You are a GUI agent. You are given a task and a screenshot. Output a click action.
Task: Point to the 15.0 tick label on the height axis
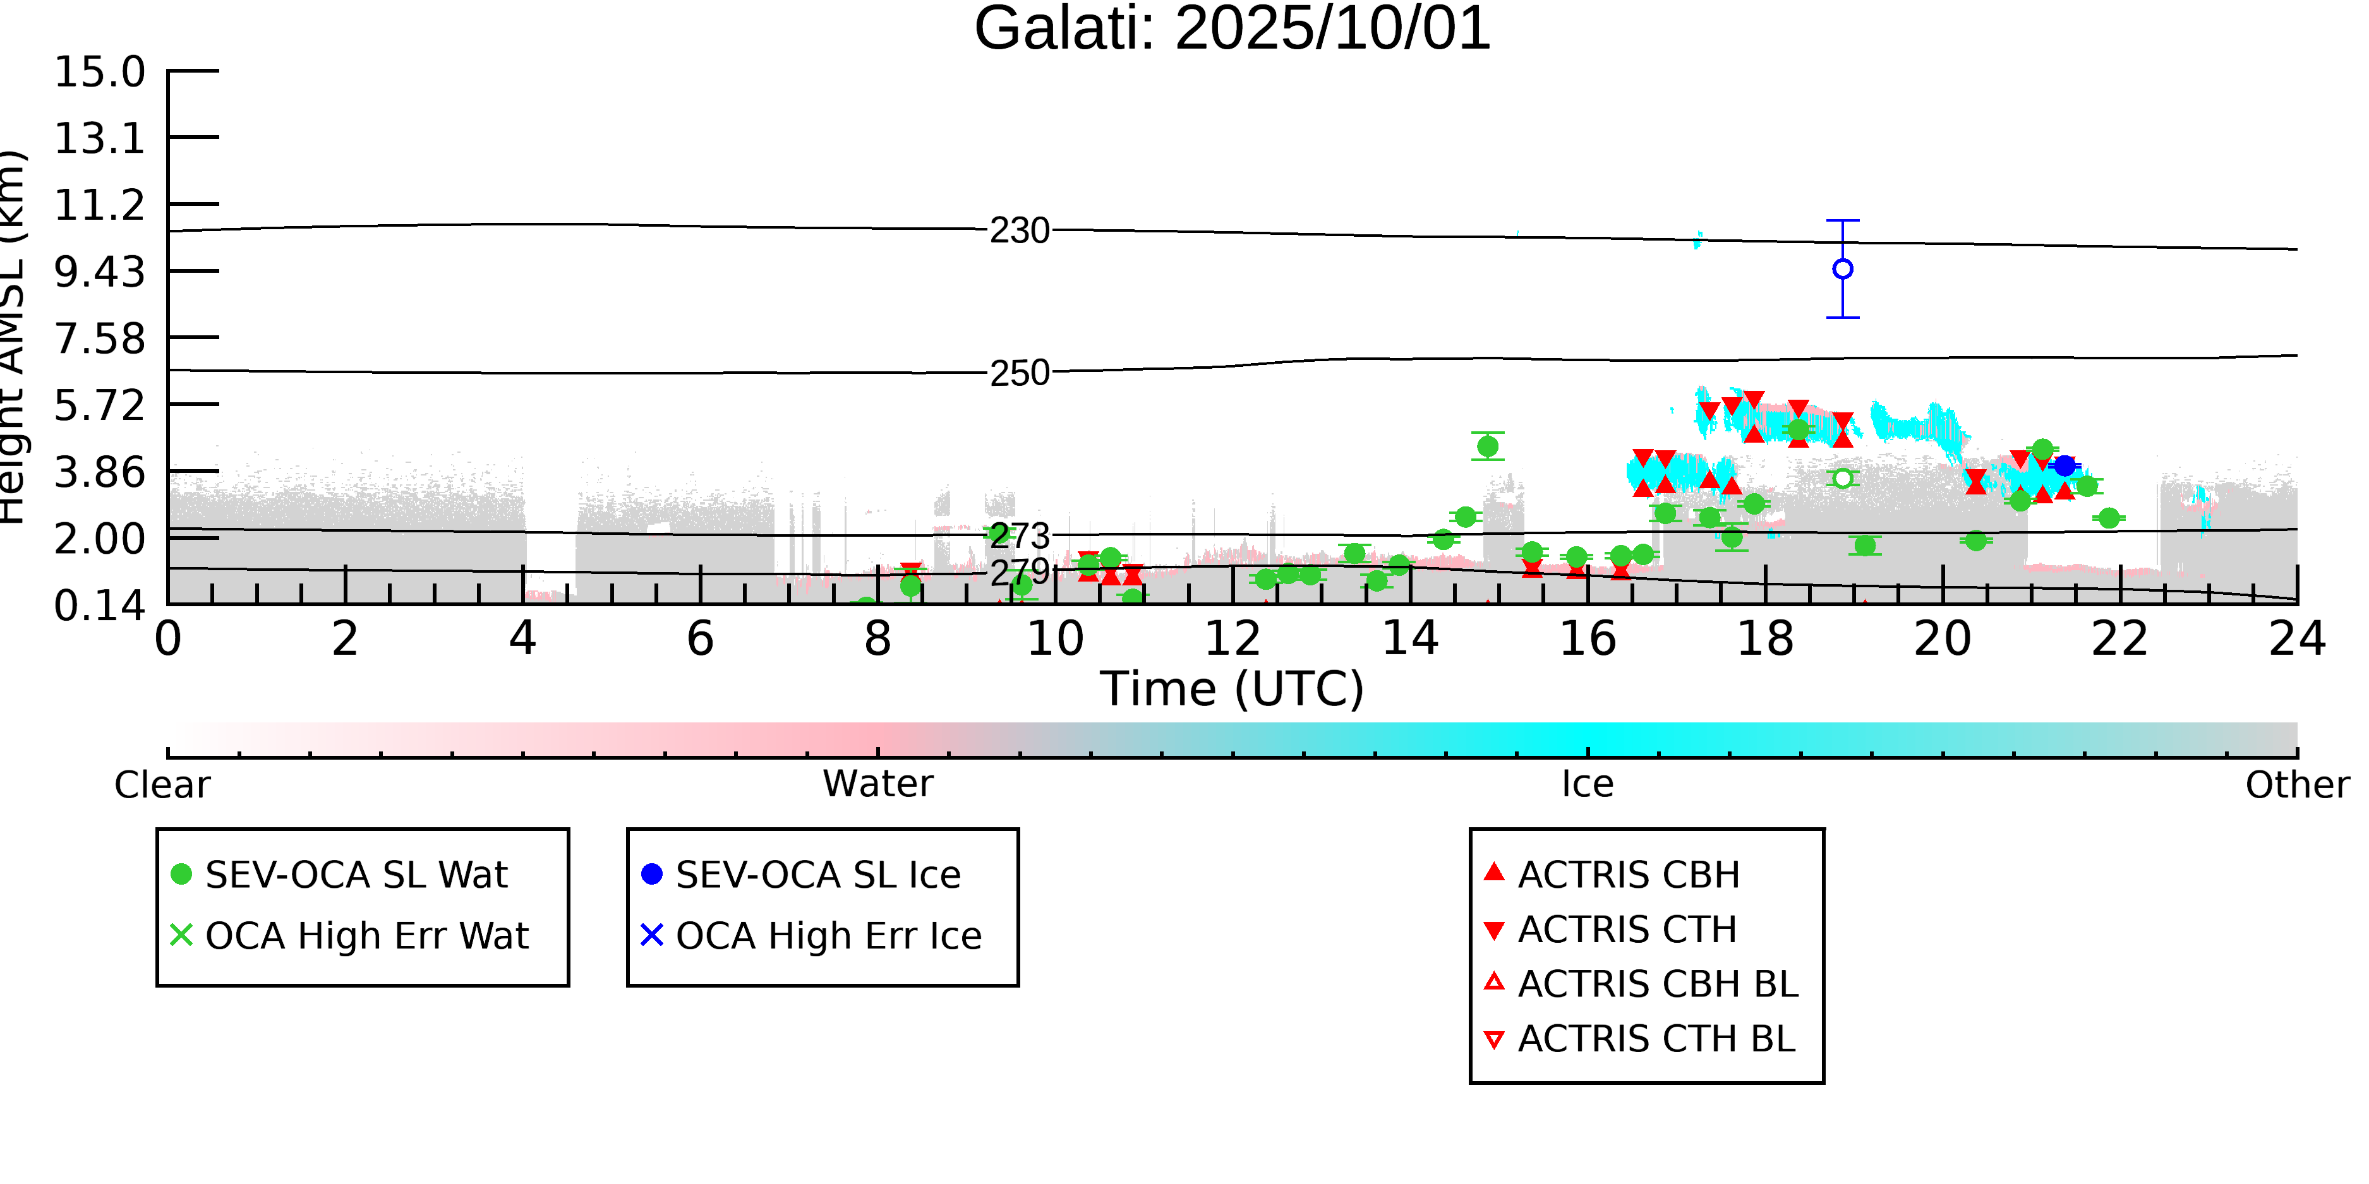coord(99,72)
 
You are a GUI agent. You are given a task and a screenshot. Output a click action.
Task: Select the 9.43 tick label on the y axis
coord(99,272)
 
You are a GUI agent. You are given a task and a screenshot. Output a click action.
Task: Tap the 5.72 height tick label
coord(99,405)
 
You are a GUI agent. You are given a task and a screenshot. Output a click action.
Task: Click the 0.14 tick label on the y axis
coord(99,606)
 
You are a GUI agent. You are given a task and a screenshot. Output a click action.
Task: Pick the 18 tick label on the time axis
coord(1765,639)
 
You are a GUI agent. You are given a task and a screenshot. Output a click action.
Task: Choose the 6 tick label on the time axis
coord(700,639)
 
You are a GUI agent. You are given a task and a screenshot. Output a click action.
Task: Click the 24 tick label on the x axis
coord(2297,639)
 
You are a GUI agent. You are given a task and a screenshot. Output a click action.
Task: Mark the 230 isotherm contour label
coord(1019,230)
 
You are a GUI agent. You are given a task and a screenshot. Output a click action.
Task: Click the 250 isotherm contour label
coord(1019,373)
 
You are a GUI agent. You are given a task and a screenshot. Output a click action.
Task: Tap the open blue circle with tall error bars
coord(1842,270)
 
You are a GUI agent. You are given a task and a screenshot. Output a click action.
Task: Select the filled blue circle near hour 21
coord(2065,466)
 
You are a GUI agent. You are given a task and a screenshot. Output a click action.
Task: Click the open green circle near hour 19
coord(1842,479)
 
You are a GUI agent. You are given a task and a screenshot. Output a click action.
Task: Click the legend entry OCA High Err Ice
coord(828,936)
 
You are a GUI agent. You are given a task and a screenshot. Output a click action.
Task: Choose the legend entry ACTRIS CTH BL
coord(1655,1039)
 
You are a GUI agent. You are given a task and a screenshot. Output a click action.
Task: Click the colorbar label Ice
coord(1588,784)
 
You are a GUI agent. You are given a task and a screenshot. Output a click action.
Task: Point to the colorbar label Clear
coord(162,785)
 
